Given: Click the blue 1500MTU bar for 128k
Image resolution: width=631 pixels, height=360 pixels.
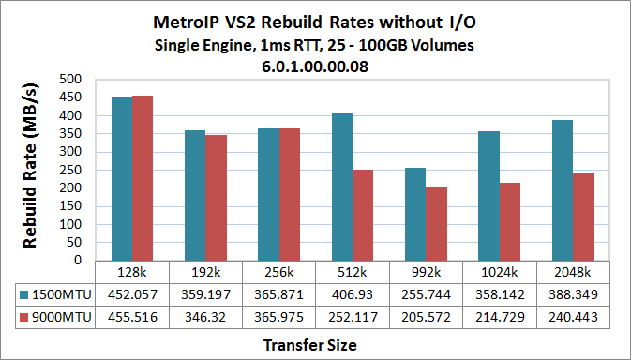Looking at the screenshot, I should click(x=122, y=178).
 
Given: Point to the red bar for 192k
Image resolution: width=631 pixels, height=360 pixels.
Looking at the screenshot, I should click(x=217, y=198).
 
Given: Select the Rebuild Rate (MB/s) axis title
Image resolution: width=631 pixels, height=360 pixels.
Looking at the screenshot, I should click(x=32, y=169).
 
